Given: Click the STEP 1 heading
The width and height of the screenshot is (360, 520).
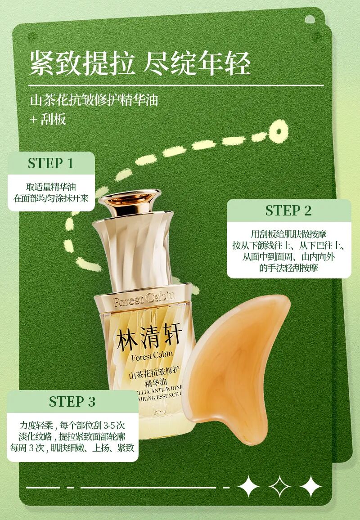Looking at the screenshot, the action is click(x=50, y=163).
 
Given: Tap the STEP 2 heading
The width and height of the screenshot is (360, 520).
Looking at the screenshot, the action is click(x=288, y=211).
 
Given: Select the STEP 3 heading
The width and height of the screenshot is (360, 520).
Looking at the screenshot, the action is click(x=72, y=402).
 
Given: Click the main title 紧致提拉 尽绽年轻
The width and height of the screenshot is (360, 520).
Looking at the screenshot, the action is click(x=140, y=63).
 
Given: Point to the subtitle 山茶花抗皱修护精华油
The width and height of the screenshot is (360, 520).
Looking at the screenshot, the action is click(x=94, y=100).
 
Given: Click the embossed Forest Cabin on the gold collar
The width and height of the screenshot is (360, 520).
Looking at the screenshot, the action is click(x=144, y=299).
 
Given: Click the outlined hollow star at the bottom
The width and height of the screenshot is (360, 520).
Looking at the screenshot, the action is click(x=280, y=487).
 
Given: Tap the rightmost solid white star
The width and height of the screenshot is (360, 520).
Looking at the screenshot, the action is click(x=310, y=487).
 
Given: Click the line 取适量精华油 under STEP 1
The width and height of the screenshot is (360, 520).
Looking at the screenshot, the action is click(x=51, y=187).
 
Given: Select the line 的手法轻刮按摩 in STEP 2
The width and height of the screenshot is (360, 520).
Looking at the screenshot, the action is click(x=288, y=268).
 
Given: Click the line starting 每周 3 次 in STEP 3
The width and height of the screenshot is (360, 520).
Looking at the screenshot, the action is click(x=72, y=448).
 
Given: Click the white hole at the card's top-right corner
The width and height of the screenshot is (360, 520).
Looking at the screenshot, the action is click(x=310, y=19).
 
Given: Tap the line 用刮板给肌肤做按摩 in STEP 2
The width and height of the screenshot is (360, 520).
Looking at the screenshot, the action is click(x=288, y=234).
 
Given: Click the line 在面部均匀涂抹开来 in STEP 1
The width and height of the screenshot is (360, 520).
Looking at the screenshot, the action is click(x=51, y=198).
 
